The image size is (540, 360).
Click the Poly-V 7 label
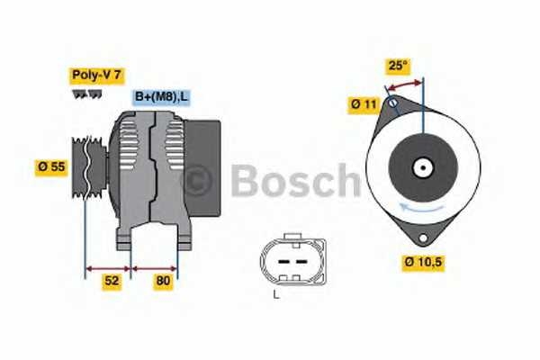(95, 76)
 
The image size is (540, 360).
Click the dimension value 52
(111, 281)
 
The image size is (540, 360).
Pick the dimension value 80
(163, 281)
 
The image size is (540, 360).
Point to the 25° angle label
(396, 66)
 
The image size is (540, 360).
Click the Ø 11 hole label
(363, 104)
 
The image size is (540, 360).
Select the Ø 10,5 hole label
(423, 263)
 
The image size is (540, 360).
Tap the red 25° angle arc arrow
(404, 84)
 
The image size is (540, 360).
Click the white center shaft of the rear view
(421, 167)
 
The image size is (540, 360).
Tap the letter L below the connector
(277, 294)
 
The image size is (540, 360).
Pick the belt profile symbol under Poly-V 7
(87, 94)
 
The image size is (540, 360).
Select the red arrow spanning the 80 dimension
(155, 266)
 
